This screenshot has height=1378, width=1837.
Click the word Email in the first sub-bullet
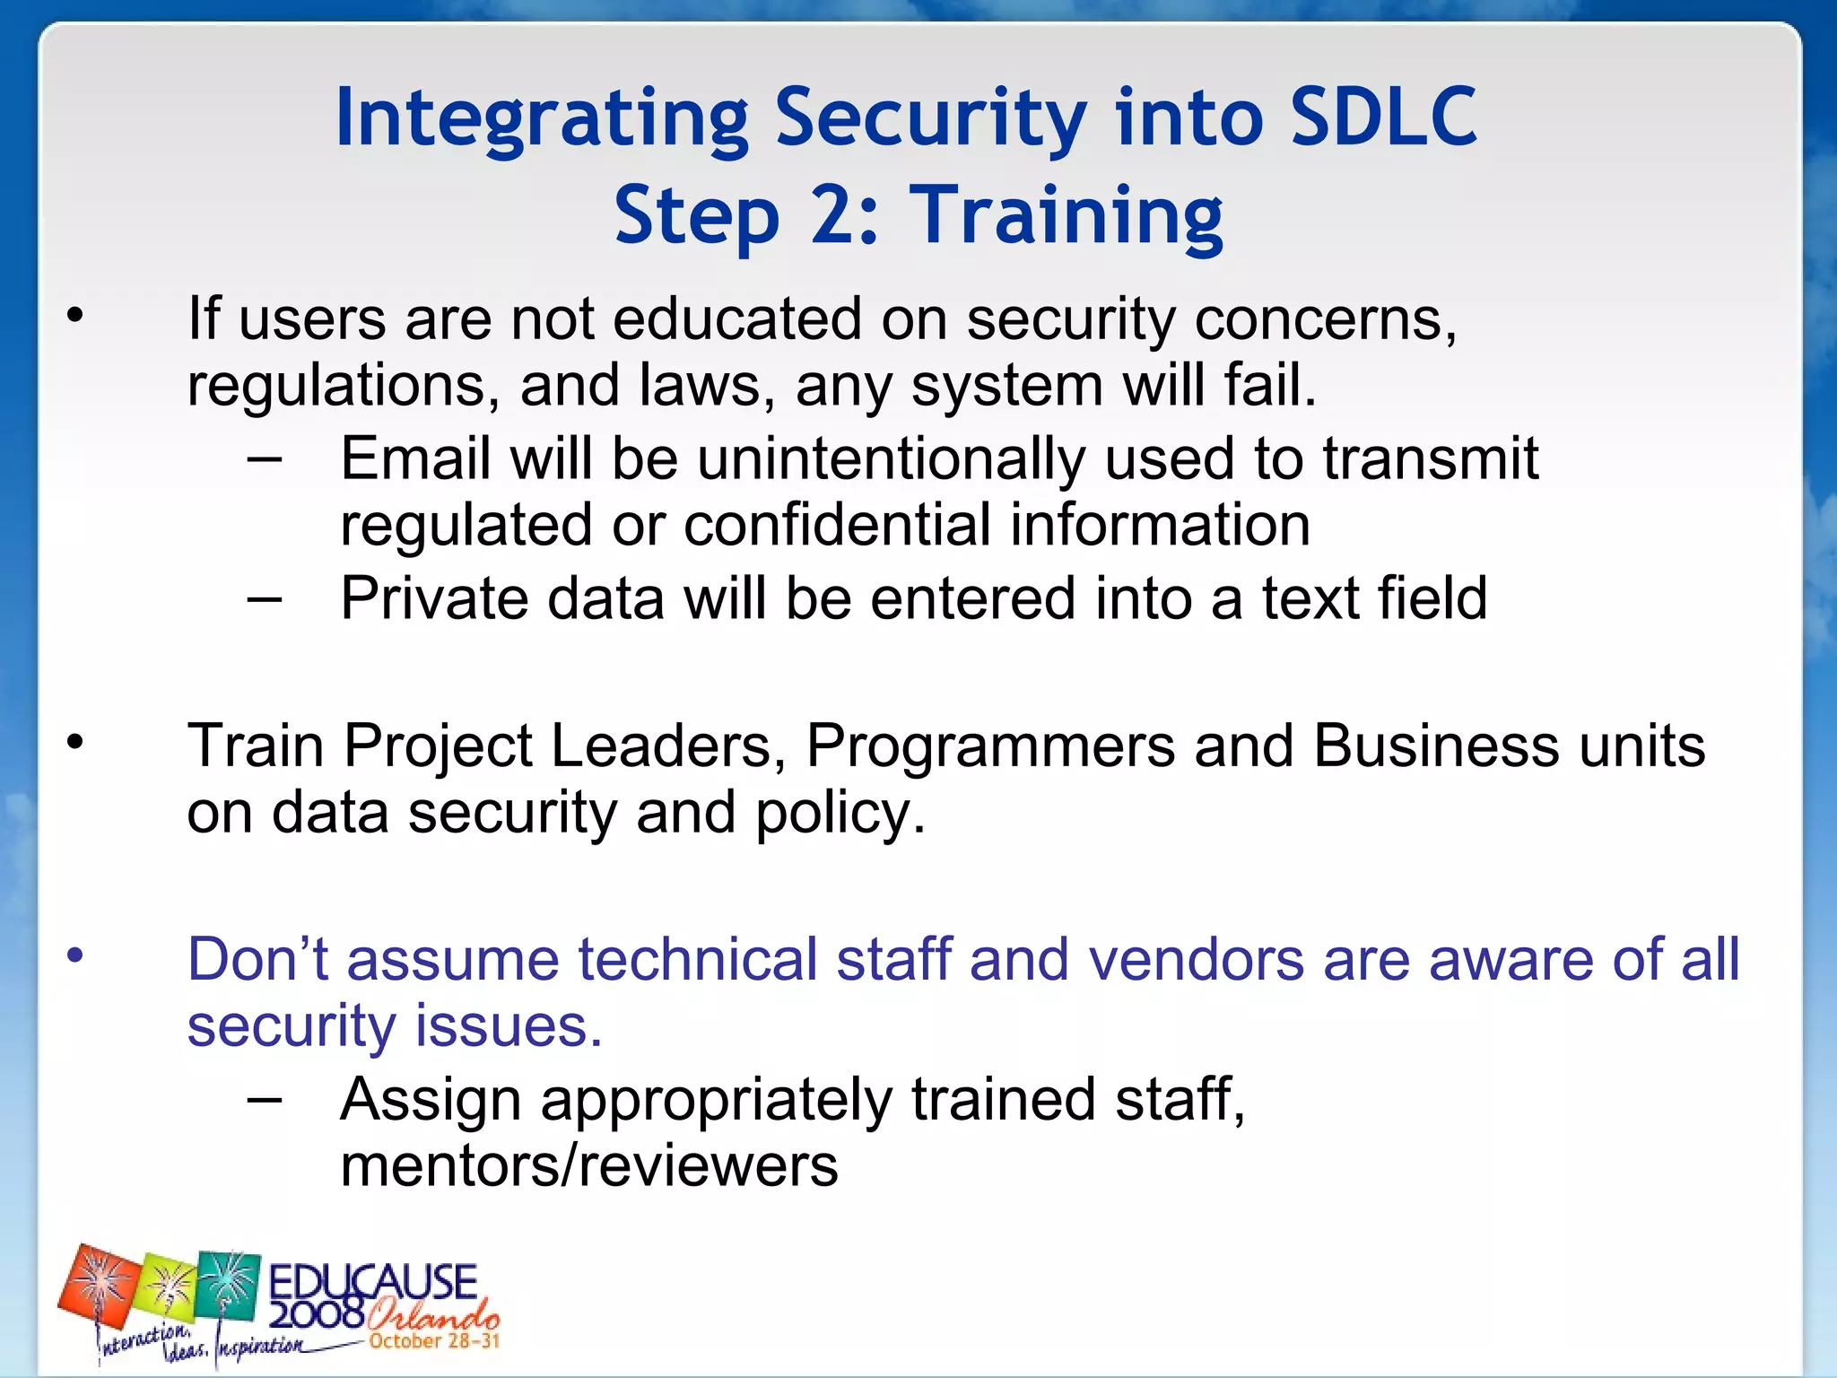[x=415, y=458]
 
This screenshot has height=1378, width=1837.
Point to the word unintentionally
[x=891, y=460]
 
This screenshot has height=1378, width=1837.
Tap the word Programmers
[x=989, y=746]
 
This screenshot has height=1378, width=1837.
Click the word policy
[x=840, y=814]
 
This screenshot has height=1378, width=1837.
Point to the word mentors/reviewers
[x=588, y=1166]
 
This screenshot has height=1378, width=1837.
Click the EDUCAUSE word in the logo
[x=372, y=1282]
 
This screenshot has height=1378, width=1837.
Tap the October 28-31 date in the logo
[x=434, y=1341]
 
